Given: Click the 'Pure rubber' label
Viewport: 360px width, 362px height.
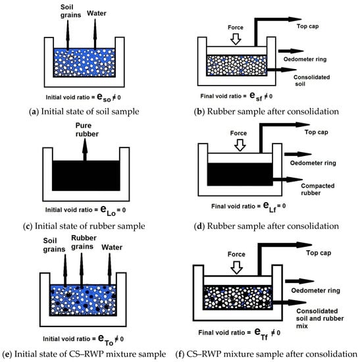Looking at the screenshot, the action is coord(87,130).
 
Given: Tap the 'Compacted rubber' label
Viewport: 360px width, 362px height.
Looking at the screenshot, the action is coord(317,189).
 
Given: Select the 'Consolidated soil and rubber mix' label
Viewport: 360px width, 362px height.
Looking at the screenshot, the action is coord(320,319).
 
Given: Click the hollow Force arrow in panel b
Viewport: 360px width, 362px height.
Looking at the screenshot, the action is coord(236,39).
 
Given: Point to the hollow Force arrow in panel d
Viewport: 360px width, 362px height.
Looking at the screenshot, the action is coord(240,145).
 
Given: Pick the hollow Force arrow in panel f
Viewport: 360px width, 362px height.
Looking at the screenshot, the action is coord(237,268).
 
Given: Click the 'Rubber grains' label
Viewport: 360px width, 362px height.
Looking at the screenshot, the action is coord(84,242).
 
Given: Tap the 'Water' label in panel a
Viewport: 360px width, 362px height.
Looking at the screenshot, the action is coord(97,13).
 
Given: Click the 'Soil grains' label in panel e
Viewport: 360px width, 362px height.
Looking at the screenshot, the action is coord(54,245).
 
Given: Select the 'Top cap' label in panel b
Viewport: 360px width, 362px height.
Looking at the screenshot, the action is coord(307,26).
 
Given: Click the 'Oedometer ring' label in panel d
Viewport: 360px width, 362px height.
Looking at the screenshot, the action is coord(313,163).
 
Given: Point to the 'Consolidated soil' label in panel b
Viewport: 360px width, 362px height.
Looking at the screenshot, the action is coord(311,80).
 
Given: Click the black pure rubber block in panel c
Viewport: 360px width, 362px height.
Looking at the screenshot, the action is coord(86,176).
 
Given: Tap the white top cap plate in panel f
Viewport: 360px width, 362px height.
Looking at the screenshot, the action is coord(238,280).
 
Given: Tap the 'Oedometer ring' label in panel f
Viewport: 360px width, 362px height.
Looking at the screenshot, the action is coord(315,291).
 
